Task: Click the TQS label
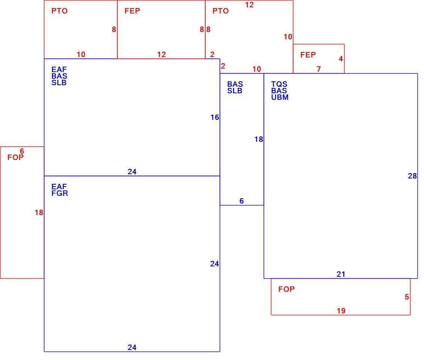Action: (279, 84)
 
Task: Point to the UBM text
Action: (280, 97)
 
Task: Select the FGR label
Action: (60, 193)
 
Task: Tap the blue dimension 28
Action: (412, 176)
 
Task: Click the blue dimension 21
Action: (341, 274)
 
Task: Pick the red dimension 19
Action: (341, 311)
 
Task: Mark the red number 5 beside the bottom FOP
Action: (407, 297)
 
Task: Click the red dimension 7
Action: (319, 69)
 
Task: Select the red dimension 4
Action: (341, 59)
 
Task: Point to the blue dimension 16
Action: (215, 118)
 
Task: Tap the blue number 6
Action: (242, 201)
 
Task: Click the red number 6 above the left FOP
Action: (22, 151)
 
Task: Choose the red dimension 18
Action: (39, 213)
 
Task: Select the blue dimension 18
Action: (259, 139)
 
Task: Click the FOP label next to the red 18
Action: (15, 157)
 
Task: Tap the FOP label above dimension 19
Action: (286, 289)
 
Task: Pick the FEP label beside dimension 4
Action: (308, 55)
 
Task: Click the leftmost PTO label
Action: (59, 11)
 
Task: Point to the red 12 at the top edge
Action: (250, 5)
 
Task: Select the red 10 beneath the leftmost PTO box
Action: (81, 55)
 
